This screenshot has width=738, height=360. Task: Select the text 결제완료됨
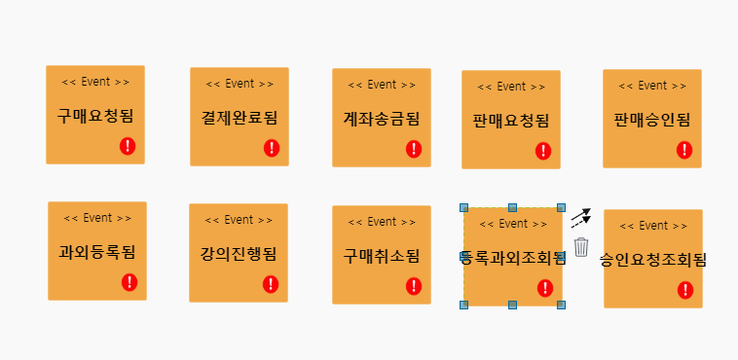tap(240, 119)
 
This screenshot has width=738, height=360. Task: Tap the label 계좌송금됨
tap(382, 119)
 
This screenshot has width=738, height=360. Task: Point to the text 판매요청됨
tap(511, 121)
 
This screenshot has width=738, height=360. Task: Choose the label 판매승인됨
tap(652, 120)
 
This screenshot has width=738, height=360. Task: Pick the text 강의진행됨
tap(239, 255)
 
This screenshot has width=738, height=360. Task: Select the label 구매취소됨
tap(382, 256)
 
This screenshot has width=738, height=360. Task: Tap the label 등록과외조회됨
tap(512, 258)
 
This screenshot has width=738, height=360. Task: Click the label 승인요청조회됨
tap(652, 260)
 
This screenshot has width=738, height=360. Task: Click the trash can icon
tap(581, 247)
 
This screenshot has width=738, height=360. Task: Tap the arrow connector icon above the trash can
tap(580, 217)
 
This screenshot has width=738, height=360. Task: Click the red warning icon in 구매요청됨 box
tap(129, 146)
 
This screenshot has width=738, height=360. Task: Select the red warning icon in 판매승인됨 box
tap(684, 150)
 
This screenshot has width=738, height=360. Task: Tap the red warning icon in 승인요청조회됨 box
tap(685, 290)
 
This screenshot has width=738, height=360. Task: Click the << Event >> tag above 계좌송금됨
tap(382, 85)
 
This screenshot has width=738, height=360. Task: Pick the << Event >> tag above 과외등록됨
tap(97, 218)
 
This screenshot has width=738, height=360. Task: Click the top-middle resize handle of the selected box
tap(513, 207)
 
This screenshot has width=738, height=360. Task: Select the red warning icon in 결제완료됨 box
tap(272, 148)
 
